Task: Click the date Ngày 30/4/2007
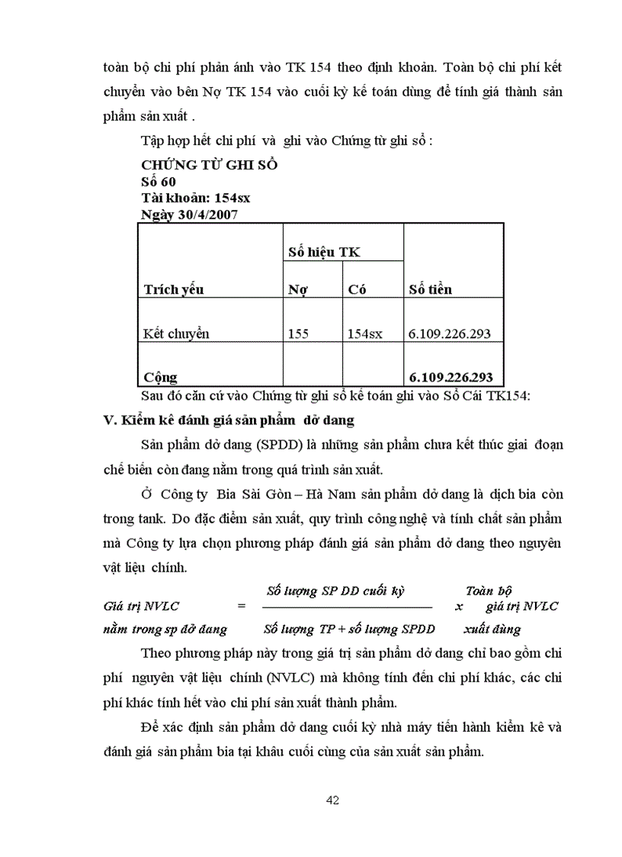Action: click(x=190, y=214)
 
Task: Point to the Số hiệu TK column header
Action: click(x=324, y=252)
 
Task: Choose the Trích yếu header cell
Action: click(x=173, y=289)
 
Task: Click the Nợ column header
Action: click(x=297, y=289)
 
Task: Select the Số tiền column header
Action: click(x=430, y=289)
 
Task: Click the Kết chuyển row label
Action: click(x=175, y=333)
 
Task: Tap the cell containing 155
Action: click(x=299, y=333)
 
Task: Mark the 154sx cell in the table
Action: click(x=365, y=333)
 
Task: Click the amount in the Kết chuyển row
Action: click(x=450, y=333)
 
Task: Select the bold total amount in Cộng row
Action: click(x=450, y=377)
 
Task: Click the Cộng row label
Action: click(x=159, y=377)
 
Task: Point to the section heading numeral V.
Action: click(x=107, y=420)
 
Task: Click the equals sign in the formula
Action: click(x=242, y=607)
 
